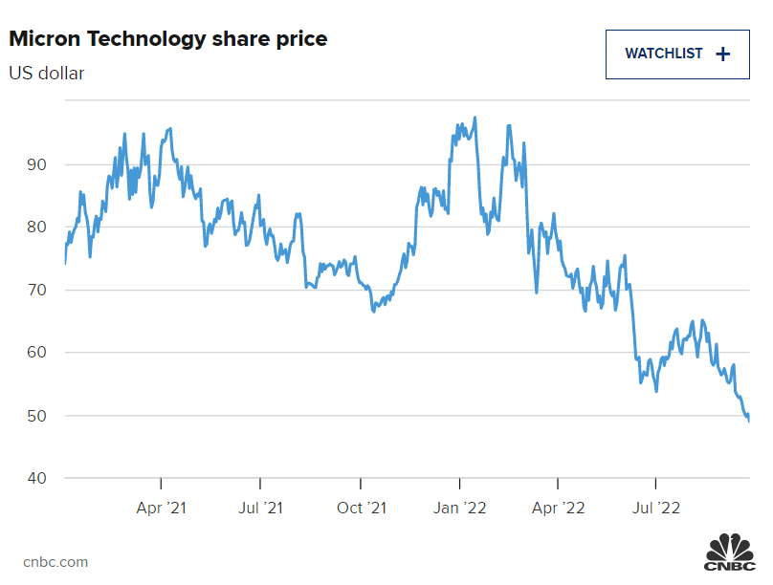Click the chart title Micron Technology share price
pos(168,39)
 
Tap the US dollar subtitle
pos(47,73)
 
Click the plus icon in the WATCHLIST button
pos(722,54)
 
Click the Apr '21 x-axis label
pos(161,508)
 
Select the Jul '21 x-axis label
pos(259,508)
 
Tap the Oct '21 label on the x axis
pos(361,508)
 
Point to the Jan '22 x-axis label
pos(460,508)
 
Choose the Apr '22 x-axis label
pos(558,508)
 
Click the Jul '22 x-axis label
pos(656,508)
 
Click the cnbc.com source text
pos(55,562)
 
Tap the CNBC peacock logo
pos(730,553)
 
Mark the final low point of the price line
pos(749,421)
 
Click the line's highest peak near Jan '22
pos(475,119)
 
